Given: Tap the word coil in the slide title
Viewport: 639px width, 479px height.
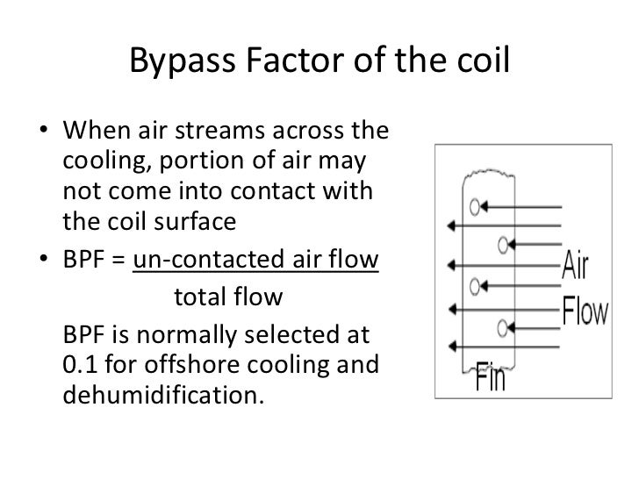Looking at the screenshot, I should click(x=479, y=61).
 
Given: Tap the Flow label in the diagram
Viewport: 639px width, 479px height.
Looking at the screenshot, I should click(x=585, y=311).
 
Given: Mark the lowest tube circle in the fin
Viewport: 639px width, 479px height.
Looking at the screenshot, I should click(x=503, y=327).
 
